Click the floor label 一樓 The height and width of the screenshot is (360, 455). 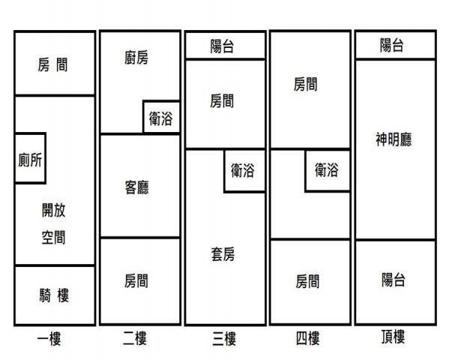pyautogui.click(x=49, y=339)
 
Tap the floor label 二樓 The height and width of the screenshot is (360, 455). pyautogui.click(x=135, y=338)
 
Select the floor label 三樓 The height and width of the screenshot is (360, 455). pyautogui.click(x=224, y=339)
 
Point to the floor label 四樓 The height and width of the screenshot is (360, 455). pyautogui.click(x=308, y=338)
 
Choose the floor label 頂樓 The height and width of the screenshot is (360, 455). pyautogui.click(x=393, y=337)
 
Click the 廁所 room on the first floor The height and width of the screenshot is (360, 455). pyautogui.click(x=30, y=158)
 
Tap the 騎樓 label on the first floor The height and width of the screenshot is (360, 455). pyautogui.click(x=54, y=295)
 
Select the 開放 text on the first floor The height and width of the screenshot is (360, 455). pyautogui.click(x=54, y=210)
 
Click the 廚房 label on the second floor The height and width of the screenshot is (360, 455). pyautogui.click(x=136, y=58)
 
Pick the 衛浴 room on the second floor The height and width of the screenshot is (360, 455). pyautogui.click(x=161, y=117)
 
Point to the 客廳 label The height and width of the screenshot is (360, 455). pyautogui.click(x=136, y=187)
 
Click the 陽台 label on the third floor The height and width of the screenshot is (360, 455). pyautogui.click(x=222, y=46)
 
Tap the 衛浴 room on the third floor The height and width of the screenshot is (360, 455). pyautogui.click(x=244, y=171)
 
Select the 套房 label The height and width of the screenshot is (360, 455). pyautogui.click(x=223, y=254)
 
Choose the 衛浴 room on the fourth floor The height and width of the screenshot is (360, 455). pyautogui.click(x=328, y=171)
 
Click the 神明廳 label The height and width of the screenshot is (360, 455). pyautogui.click(x=394, y=139)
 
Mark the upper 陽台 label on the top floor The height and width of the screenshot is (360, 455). pyautogui.click(x=392, y=45)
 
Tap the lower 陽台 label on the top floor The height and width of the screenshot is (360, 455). pyautogui.click(x=394, y=280)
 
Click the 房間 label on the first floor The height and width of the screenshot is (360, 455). pyautogui.click(x=52, y=64)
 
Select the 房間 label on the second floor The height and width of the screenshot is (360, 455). pyautogui.click(x=136, y=280)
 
